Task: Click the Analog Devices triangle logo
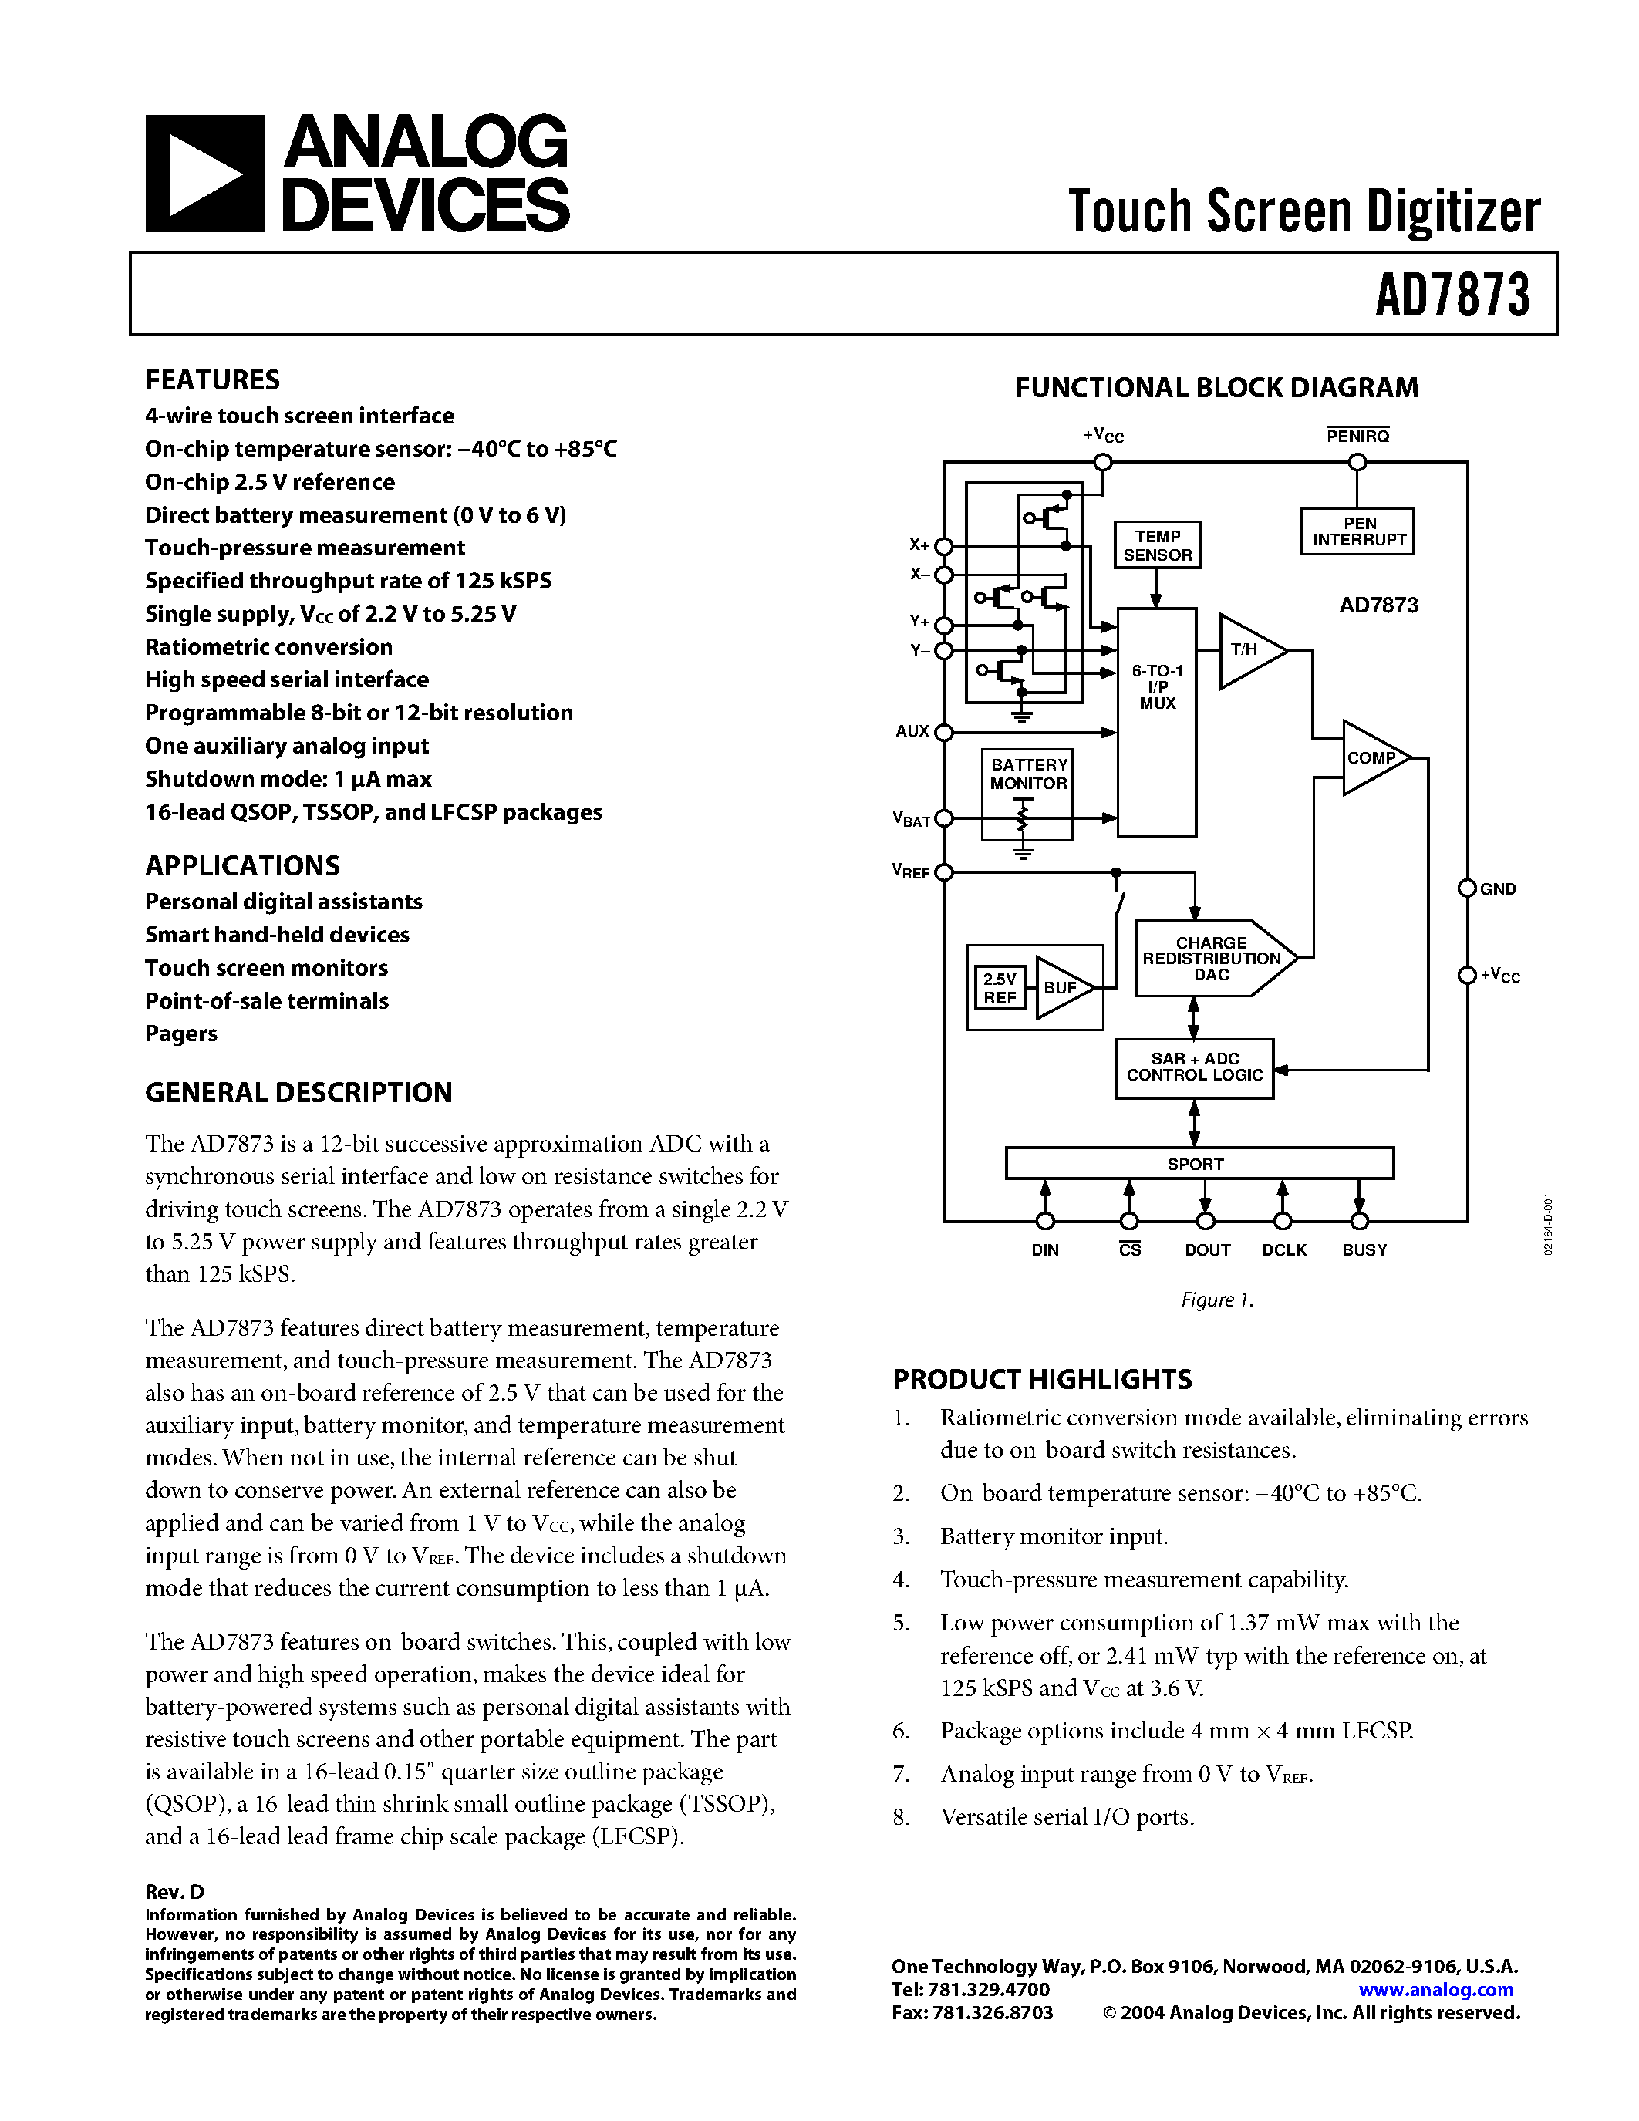(x=204, y=174)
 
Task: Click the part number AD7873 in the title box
(x=1452, y=295)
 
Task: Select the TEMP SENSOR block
(x=1158, y=545)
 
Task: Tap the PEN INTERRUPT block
(x=1358, y=531)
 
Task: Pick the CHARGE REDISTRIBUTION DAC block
(x=1212, y=959)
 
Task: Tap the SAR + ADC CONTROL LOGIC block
(x=1194, y=1067)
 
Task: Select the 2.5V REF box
(x=999, y=989)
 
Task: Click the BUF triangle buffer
(x=1061, y=988)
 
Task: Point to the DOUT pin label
(x=1207, y=1250)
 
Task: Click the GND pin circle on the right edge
(x=1467, y=889)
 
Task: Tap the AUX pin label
(x=912, y=731)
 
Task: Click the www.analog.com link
(x=1436, y=1989)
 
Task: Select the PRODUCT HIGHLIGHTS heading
(x=1042, y=1379)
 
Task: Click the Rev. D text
(x=175, y=1891)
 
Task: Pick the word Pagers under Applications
(x=181, y=1034)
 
